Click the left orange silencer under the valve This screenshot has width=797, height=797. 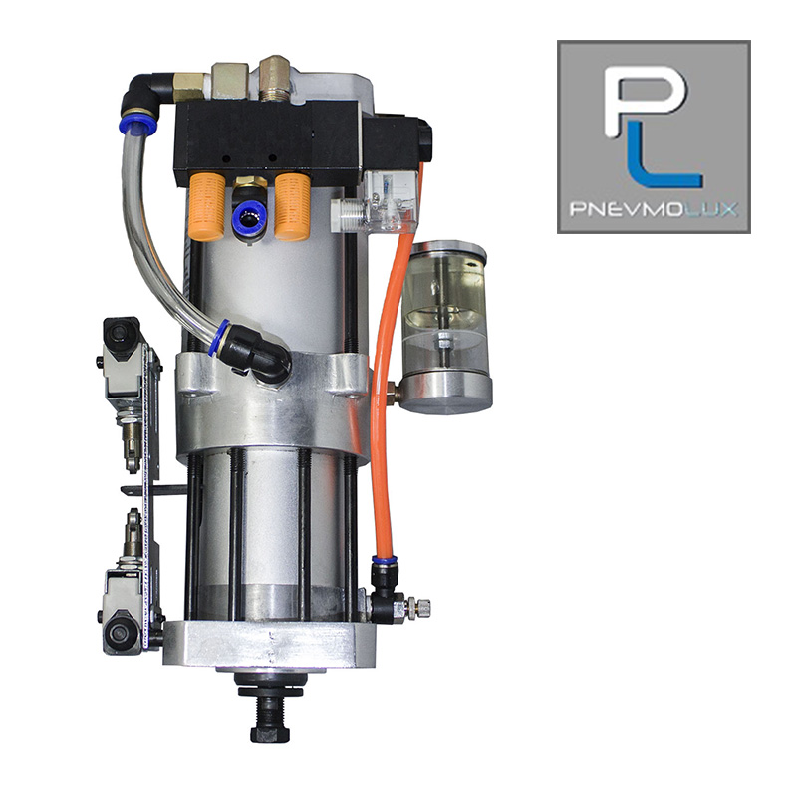tap(206, 206)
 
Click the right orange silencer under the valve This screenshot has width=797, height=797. tap(292, 206)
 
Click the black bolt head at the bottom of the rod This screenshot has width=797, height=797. tap(269, 733)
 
